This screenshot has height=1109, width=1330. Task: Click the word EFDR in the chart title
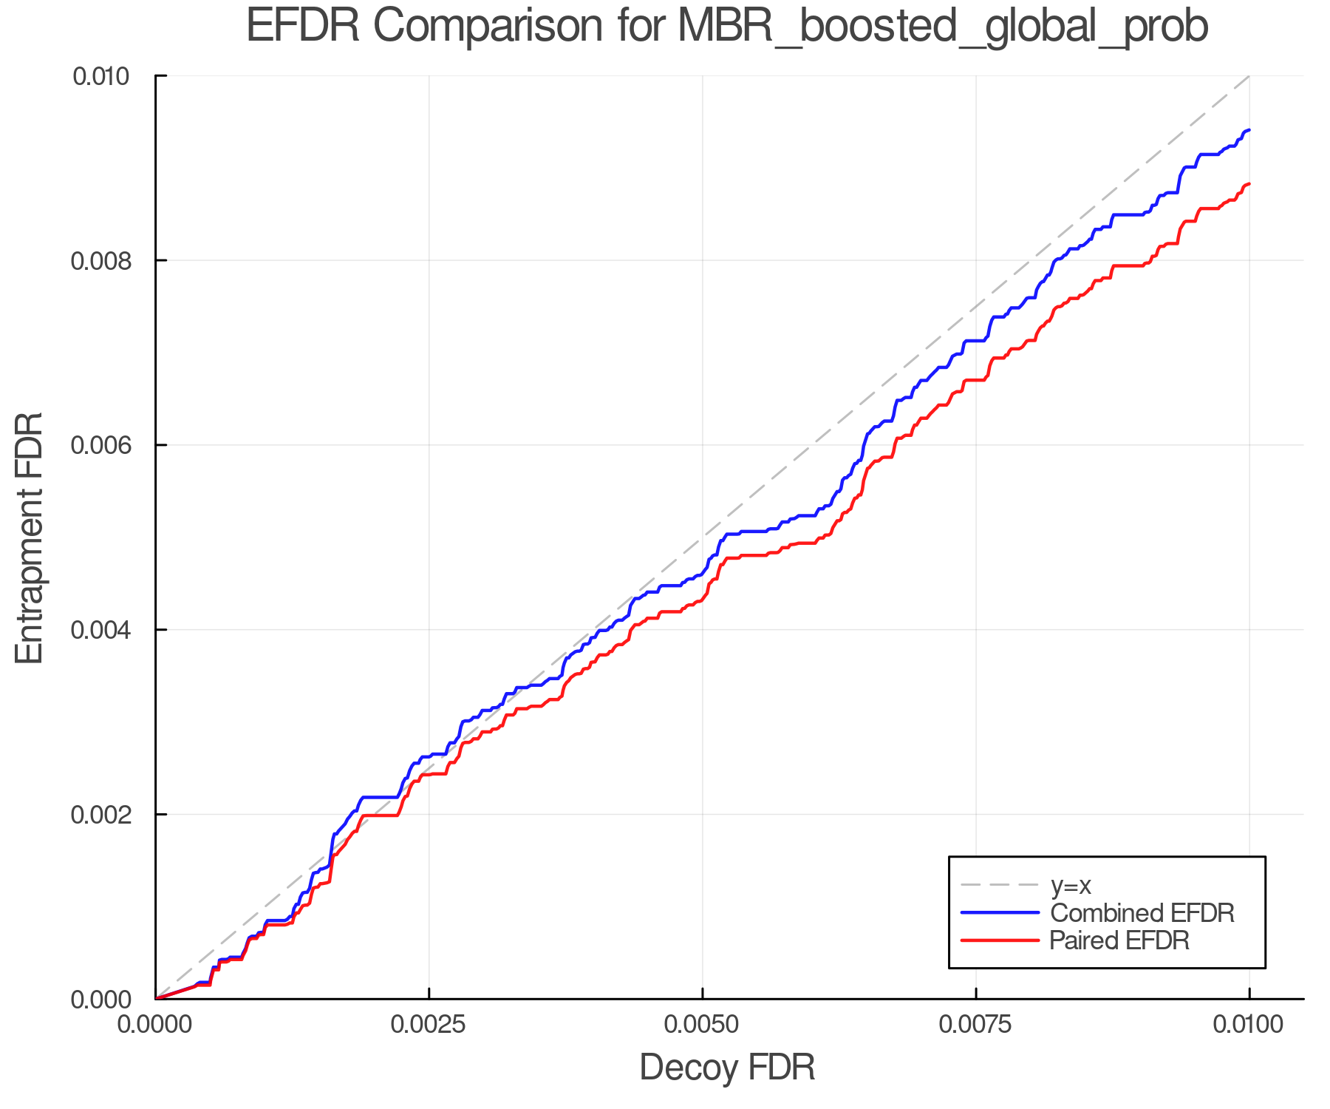coord(303,26)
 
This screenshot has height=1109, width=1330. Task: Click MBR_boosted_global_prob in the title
coord(942,27)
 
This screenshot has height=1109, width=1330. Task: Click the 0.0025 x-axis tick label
coord(429,1025)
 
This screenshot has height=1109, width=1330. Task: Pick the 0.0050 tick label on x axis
coord(702,1025)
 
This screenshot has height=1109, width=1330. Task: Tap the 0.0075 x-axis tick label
coord(975,1025)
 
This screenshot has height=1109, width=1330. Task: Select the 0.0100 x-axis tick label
coord(1249,1025)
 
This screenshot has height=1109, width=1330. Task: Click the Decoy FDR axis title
coord(727,1068)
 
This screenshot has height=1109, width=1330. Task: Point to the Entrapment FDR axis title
coord(30,537)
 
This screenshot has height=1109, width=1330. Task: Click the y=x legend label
coord(1071,885)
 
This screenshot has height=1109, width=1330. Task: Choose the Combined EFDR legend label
coord(1142,913)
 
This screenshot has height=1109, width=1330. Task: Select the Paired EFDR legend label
coord(1119,940)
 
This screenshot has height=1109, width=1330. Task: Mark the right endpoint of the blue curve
coord(1249,130)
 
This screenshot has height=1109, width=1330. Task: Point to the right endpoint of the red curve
coord(1249,184)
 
